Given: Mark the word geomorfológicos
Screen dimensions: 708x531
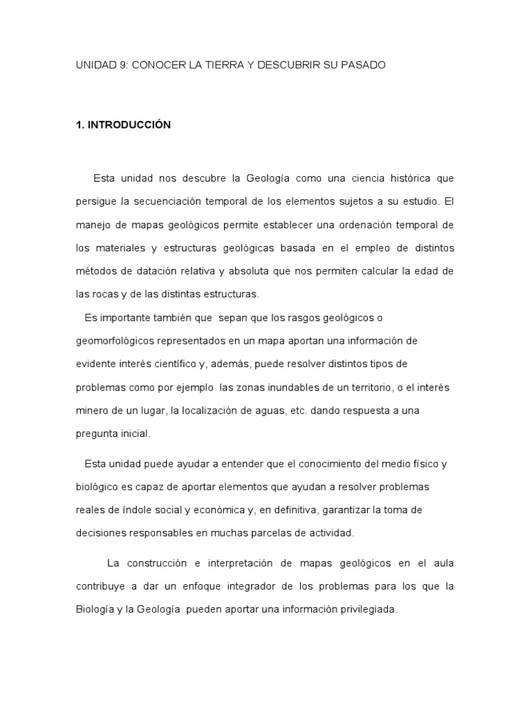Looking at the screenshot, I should point(115,341).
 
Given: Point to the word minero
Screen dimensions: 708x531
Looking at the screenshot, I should point(92,411).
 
